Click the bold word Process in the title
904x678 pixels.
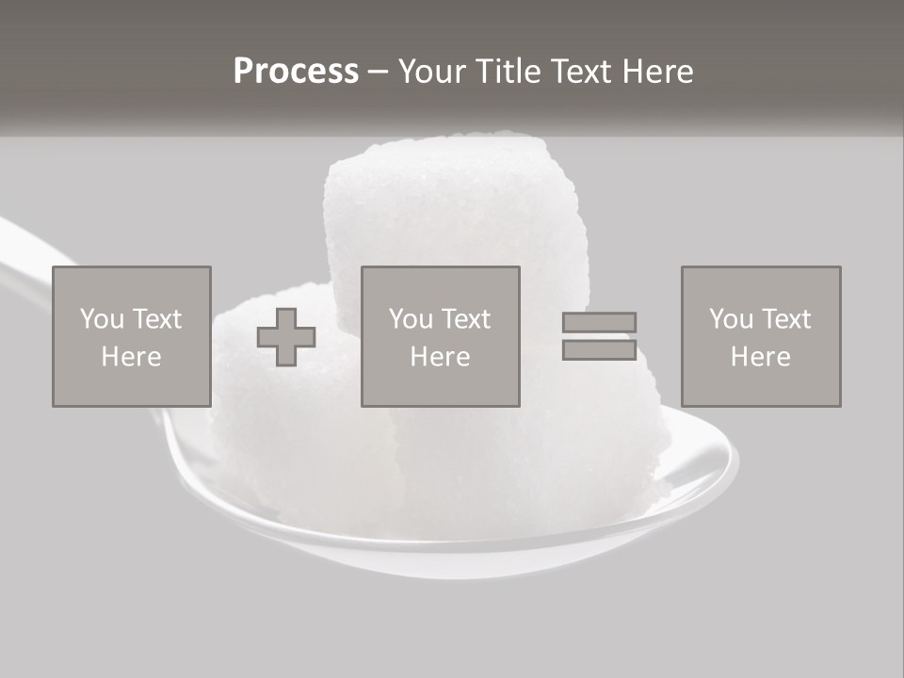[296, 72]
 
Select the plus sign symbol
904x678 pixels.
[286, 337]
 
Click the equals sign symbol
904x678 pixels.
[599, 336]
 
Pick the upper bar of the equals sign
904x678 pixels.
[599, 323]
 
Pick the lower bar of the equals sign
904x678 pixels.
[599, 349]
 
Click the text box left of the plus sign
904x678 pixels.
[131, 336]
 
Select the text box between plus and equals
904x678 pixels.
[440, 336]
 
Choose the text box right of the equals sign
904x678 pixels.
[760, 336]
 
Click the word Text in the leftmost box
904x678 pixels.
[157, 319]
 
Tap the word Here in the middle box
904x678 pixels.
[440, 357]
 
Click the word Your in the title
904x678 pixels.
[432, 72]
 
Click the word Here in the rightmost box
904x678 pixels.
[760, 357]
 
